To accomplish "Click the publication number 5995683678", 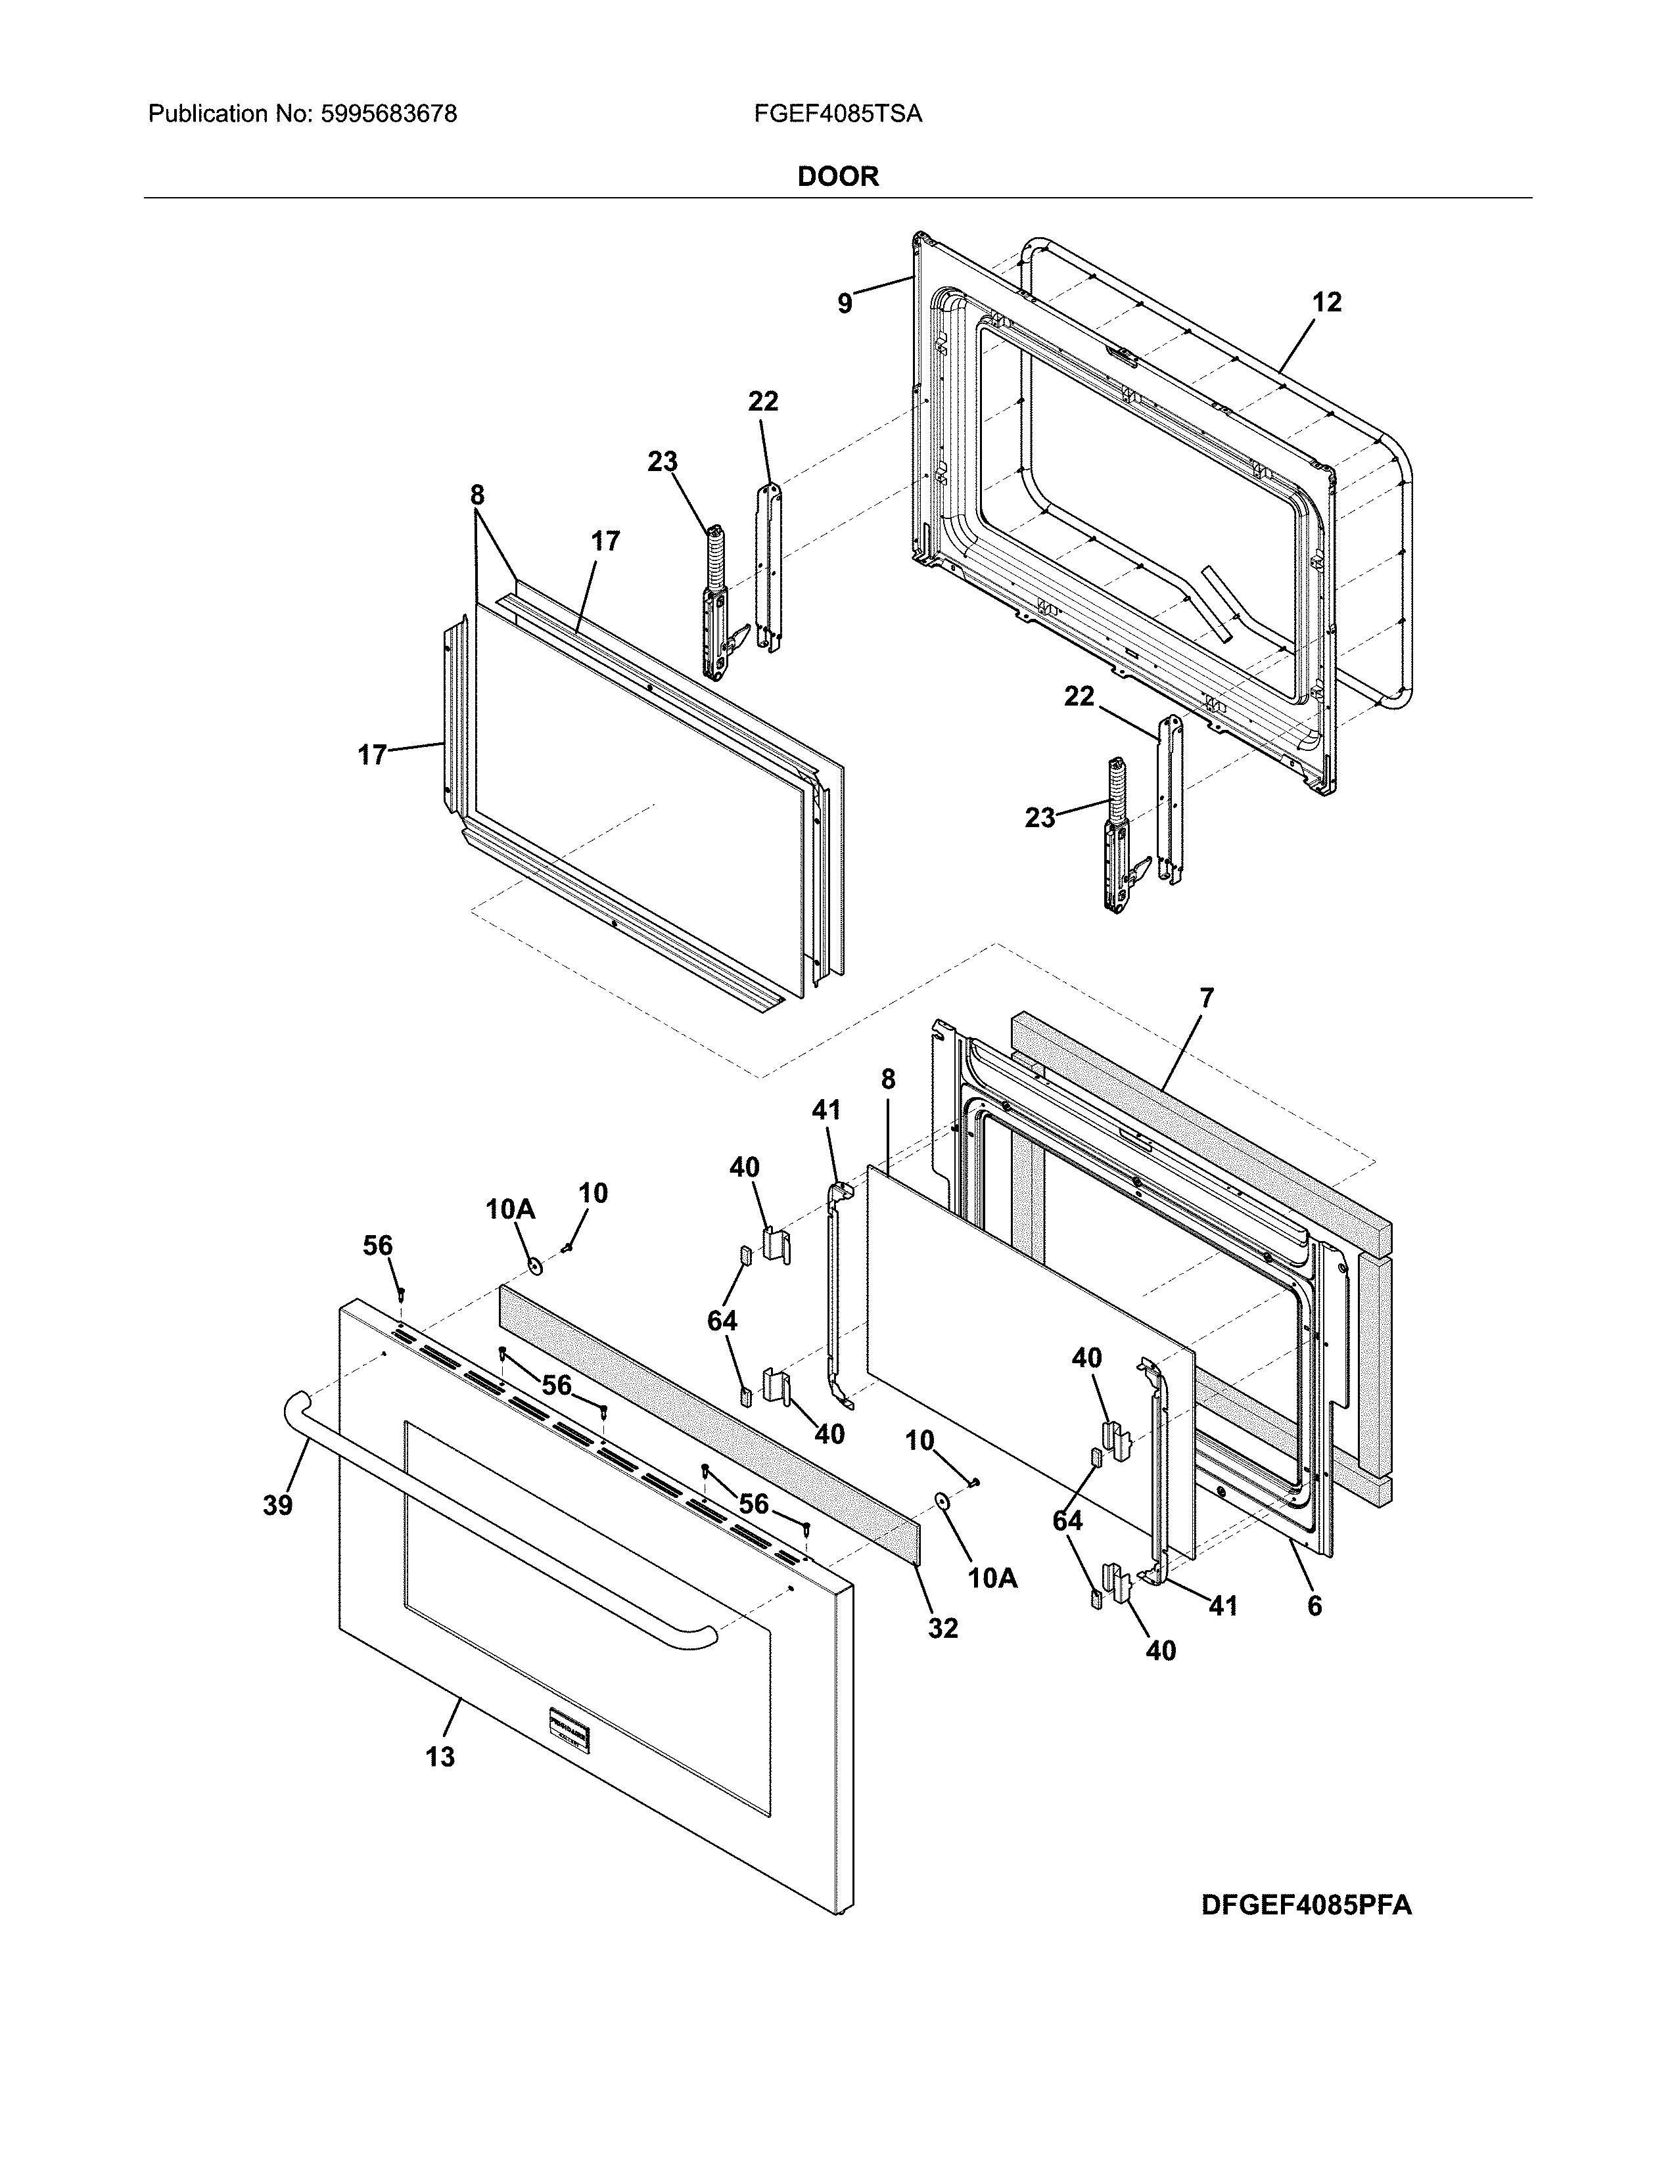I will point(389,114).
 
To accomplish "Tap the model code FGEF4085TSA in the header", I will point(837,114).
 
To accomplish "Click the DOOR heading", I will point(838,177).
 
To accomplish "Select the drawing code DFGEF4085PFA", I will point(1306,1905).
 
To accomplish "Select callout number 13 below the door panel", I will point(440,1757).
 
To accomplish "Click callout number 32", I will point(943,1628).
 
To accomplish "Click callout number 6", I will point(1314,1605).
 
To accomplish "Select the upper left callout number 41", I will point(826,1110).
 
